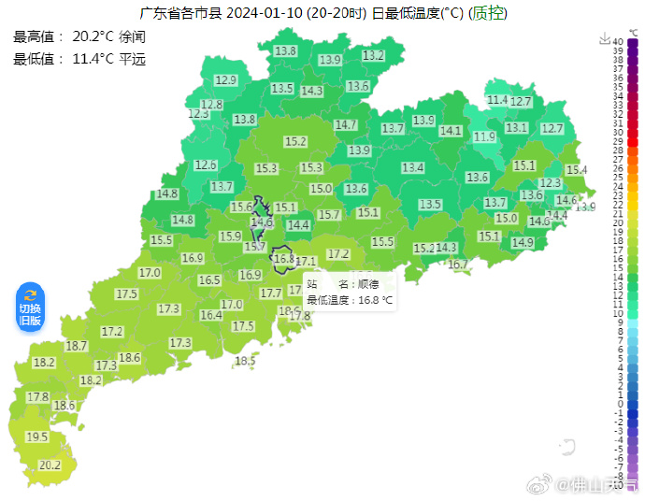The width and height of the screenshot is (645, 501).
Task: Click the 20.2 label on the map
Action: click(50, 465)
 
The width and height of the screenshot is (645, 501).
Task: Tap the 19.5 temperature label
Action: click(36, 437)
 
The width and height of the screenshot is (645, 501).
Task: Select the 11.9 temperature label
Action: click(484, 136)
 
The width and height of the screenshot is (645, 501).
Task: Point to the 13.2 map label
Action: click(373, 56)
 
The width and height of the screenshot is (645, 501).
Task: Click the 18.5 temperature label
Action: click(245, 361)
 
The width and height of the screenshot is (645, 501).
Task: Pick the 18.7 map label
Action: click(77, 346)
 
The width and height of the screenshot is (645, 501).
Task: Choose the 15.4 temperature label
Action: click(576, 170)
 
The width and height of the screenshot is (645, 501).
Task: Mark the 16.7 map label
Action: click(458, 265)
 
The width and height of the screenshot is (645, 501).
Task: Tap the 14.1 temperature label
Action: click(451, 131)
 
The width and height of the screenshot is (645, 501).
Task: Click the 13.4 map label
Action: click(413, 167)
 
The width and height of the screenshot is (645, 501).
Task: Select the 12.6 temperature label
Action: click(206, 165)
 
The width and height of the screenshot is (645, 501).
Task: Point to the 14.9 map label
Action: click(523, 242)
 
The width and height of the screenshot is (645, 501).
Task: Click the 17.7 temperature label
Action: click(271, 293)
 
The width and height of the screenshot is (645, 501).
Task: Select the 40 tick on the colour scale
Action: click(619, 41)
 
